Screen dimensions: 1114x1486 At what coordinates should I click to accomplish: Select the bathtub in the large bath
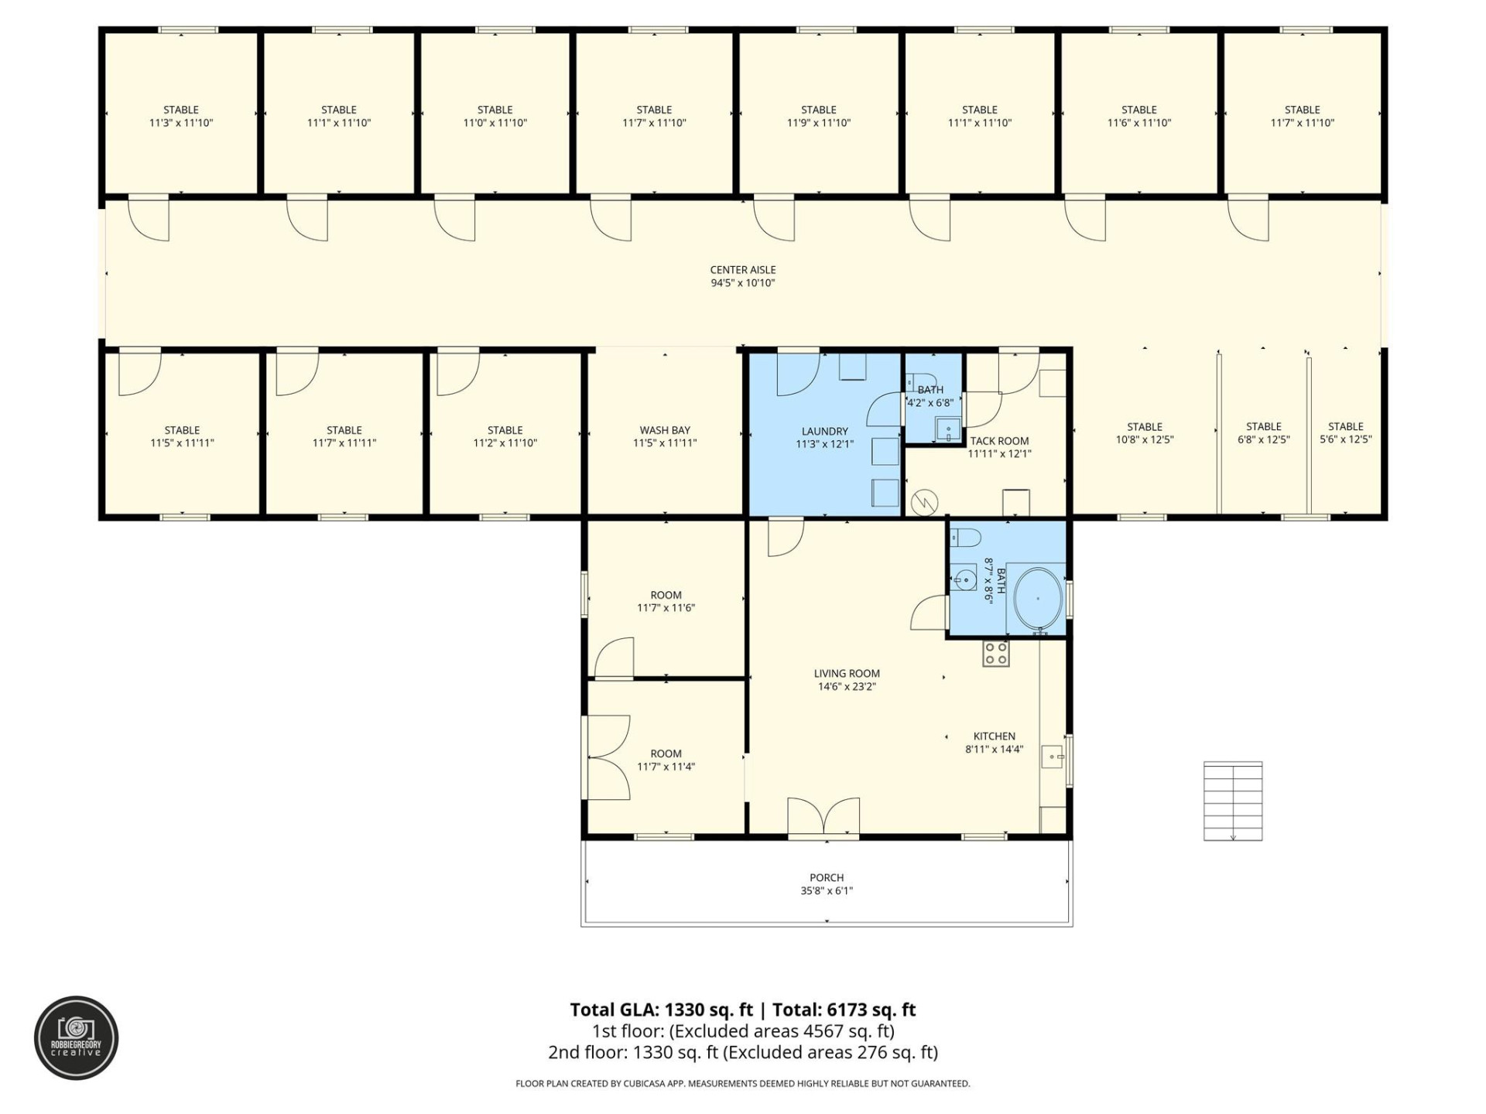[x=1037, y=599]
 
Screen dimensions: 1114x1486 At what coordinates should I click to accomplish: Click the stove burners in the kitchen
[x=995, y=654]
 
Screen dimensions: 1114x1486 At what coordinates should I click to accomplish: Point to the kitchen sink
[x=1052, y=756]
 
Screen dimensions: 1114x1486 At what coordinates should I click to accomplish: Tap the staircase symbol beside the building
[x=1232, y=801]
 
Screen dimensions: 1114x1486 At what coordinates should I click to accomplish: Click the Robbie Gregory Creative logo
[x=76, y=1037]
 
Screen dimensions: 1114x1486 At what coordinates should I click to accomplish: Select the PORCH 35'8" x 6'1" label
[x=826, y=883]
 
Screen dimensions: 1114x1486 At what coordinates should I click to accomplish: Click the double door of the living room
[x=823, y=818]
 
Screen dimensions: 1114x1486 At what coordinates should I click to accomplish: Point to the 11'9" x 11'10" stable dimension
[x=818, y=123]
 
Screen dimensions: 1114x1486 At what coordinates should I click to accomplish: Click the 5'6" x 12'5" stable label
[x=1345, y=432]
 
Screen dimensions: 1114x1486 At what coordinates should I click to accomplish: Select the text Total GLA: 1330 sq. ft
[x=661, y=1010]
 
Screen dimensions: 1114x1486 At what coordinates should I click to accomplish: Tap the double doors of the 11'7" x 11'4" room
[x=608, y=757]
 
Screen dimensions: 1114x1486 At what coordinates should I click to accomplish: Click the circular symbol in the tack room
[x=923, y=503]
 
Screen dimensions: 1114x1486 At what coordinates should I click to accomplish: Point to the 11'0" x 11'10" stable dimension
[x=495, y=123]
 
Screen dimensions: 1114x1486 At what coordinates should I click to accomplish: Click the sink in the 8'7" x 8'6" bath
[x=964, y=578]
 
